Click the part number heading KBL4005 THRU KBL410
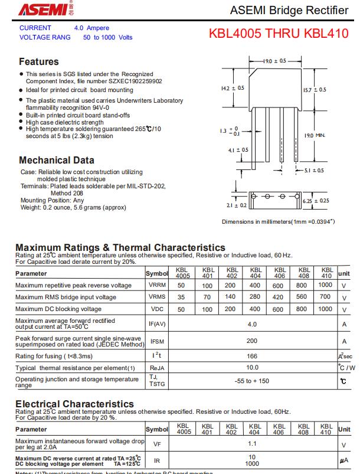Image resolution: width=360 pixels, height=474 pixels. [x=279, y=34]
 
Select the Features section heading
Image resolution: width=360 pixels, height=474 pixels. [x=39, y=61]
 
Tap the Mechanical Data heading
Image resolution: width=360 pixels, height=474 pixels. [x=57, y=160]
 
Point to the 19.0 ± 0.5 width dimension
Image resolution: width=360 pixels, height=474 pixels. [x=274, y=61]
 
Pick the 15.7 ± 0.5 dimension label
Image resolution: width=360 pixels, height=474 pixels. [x=314, y=90]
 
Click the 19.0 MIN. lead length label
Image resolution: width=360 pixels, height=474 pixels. [x=315, y=135]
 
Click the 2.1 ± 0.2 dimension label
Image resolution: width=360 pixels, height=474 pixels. [x=236, y=205]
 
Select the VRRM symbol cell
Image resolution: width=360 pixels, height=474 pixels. [x=157, y=285]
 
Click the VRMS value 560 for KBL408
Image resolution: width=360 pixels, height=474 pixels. [x=302, y=297]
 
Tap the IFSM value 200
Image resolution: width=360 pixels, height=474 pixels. [x=252, y=341]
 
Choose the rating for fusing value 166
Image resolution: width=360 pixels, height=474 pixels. [x=252, y=356]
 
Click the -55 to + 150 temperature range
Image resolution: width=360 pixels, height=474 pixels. [x=252, y=381]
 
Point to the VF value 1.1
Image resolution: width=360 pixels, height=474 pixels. [x=252, y=443]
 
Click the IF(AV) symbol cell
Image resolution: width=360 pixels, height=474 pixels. [x=157, y=324]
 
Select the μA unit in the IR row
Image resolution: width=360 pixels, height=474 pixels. [x=344, y=460]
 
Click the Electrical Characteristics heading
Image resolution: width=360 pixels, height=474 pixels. [x=74, y=404]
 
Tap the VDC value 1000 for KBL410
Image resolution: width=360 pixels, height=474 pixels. [x=325, y=308]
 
